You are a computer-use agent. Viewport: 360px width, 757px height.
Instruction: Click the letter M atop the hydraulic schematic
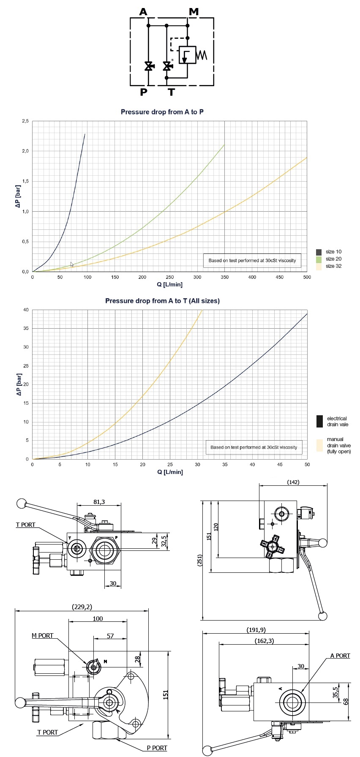point(194,11)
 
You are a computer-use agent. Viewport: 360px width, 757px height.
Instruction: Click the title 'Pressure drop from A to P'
point(162,112)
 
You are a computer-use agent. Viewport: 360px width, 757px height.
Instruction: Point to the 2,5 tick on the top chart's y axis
point(25,121)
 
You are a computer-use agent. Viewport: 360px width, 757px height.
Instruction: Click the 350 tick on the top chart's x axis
point(225,277)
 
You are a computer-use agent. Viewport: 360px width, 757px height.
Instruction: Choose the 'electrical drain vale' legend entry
point(337,422)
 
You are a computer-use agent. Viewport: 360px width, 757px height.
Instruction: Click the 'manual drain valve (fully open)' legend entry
point(338,445)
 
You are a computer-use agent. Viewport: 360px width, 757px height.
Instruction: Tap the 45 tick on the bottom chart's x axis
point(280,465)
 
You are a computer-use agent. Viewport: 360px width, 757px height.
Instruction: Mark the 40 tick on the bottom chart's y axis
point(26,310)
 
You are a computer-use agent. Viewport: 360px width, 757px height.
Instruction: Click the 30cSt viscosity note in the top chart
point(252,260)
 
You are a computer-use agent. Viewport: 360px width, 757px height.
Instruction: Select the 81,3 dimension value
point(99,502)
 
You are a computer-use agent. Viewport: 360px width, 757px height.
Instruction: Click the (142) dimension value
point(293,482)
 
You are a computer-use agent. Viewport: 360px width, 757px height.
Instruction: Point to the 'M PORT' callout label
point(43,636)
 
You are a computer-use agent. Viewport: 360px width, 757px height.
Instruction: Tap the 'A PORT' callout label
point(340,656)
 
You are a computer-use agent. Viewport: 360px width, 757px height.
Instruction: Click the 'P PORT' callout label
point(157,748)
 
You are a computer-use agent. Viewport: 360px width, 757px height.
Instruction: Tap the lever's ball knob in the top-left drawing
point(21,503)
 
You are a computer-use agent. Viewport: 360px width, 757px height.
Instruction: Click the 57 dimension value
point(110,636)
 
